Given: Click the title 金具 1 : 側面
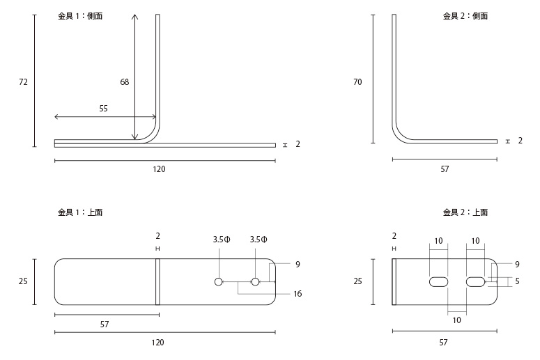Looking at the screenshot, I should (80, 15).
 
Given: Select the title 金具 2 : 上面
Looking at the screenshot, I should (465, 212).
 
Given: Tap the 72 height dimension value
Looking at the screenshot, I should (23, 82).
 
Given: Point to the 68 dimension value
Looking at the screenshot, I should (124, 82).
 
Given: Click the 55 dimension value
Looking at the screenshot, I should (103, 109).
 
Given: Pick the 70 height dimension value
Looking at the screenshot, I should (357, 82).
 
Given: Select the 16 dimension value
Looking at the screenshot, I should (298, 294).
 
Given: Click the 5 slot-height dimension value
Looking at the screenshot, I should (517, 281).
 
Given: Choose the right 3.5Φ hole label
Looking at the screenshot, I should (259, 240).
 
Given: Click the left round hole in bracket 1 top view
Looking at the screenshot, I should (218, 281).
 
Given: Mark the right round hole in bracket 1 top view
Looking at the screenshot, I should (255, 281).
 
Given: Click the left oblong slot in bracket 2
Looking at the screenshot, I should (439, 281).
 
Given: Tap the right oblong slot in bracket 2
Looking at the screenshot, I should (475, 281).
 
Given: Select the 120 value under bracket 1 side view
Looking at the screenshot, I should (159, 169).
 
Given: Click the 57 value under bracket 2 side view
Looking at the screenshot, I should (445, 169).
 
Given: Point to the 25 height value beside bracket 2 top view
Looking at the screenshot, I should (357, 281).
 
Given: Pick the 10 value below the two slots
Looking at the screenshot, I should (457, 320).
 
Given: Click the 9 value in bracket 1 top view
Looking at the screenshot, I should (298, 265).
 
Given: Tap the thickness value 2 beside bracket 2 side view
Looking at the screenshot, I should (520, 141).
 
